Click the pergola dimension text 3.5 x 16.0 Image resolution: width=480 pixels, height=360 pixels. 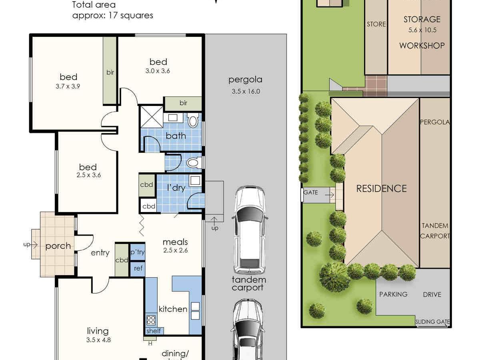(246, 91)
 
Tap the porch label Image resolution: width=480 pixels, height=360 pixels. (58, 246)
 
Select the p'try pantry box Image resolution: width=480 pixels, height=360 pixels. (138, 252)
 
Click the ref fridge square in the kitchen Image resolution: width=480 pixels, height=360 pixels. (138, 269)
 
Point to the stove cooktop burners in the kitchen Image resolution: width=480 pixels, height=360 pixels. (151, 320)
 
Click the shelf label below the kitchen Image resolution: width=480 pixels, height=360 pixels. (154, 331)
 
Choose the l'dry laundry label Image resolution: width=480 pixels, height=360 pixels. (176, 188)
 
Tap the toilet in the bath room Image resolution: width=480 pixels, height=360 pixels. (193, 120)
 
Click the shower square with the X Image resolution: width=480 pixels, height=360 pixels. (152, 117)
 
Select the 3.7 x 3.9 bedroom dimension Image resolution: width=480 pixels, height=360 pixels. (68, 86)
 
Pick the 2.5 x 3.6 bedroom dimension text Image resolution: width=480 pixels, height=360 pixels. (89, 175)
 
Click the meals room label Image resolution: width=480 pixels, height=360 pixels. (175, 242)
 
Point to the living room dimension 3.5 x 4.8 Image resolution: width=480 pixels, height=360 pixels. (98, 340)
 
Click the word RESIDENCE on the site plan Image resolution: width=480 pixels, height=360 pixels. (381, 189)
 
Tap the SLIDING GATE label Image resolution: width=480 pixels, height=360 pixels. (432, 322)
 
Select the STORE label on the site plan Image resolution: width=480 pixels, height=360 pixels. (376, 24)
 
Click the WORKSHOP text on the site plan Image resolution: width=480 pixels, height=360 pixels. (422, 46)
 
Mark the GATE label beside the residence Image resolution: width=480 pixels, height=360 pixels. (310, 192)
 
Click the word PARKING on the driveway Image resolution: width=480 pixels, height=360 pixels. (393, 294)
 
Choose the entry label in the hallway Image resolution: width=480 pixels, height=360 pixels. (100, 253)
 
